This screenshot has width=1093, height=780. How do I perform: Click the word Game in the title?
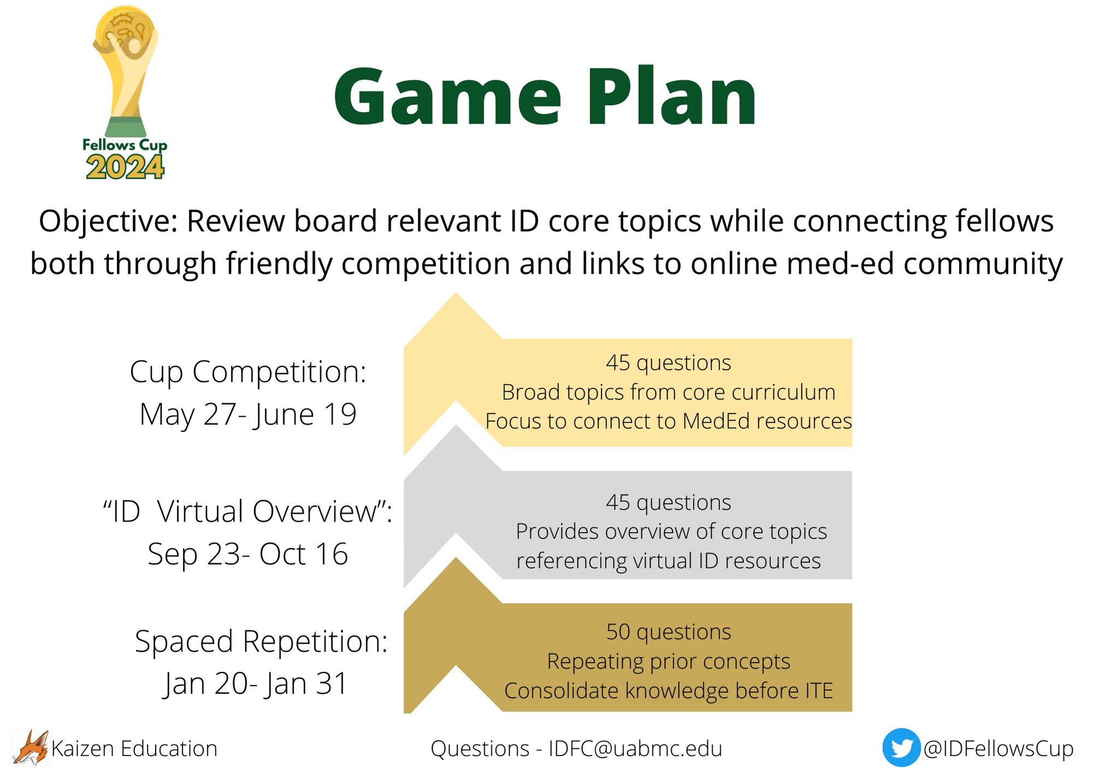pos(448,97)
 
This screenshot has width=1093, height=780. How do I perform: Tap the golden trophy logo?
pos(126,71)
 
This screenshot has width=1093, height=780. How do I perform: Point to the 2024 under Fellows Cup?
pos(125,167)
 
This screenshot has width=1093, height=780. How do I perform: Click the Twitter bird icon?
pos(901,747)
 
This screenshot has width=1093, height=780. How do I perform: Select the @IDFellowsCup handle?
pos(998,748)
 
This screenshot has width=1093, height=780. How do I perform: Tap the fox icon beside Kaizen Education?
pos(31,747)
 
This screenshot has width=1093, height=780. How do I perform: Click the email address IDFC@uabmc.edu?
pos(635,748)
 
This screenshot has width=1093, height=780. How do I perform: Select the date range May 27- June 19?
pos(248,415)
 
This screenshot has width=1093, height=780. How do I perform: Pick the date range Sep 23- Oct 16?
pos(248,554)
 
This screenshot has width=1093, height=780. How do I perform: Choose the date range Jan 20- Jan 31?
pos(256,684)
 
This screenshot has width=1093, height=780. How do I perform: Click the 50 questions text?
pos(668,632)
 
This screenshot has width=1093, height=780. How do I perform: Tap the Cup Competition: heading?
pos(248,372)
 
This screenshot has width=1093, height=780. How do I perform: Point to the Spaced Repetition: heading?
pos(261,641)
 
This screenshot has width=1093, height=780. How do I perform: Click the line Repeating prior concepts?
pos(668,661)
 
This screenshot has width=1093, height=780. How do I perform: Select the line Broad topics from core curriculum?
pos(668,392)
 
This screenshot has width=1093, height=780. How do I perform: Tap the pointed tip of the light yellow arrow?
pos(456,293)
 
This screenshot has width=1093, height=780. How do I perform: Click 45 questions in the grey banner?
pos(668,503)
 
